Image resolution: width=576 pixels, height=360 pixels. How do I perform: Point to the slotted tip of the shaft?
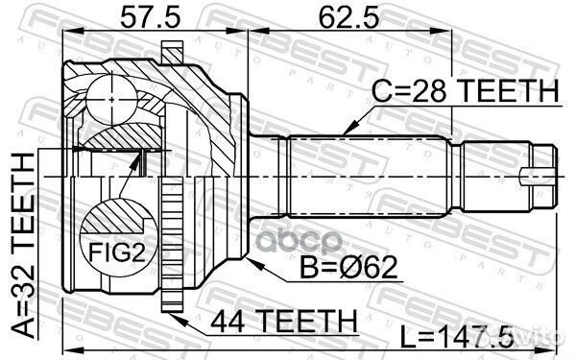coord(543,175)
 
